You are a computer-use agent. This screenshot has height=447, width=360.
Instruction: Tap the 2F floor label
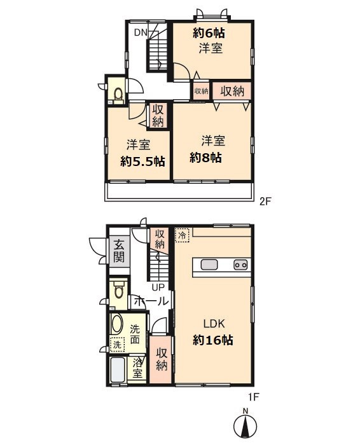265,202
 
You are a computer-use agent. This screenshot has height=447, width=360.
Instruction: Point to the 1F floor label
253,397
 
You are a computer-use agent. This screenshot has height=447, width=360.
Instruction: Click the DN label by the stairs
141,32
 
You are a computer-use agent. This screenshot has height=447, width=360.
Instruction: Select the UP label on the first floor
158,287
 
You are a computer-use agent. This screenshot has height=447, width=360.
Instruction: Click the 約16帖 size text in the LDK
213,340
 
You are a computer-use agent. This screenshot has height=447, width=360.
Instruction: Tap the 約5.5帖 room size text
142,162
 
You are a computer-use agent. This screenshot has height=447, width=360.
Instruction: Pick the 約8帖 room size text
205,157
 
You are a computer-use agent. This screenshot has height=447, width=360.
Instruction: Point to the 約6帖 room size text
209,33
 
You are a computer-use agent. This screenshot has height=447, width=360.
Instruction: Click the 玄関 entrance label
119,251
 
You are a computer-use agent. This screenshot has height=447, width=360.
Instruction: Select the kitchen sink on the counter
209,265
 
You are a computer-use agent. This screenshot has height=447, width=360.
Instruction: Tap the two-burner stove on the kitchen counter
240,265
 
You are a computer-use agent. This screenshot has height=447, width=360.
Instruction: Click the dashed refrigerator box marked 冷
182,235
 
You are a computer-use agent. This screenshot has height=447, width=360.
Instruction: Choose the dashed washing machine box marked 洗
117,345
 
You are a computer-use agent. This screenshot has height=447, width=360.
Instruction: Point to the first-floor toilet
118,289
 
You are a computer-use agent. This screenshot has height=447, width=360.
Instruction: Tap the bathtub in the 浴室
118,370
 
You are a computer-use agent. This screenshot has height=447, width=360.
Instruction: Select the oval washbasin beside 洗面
116,324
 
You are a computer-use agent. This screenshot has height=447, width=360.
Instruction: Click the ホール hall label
151,301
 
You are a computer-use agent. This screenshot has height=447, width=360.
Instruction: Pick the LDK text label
214,324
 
